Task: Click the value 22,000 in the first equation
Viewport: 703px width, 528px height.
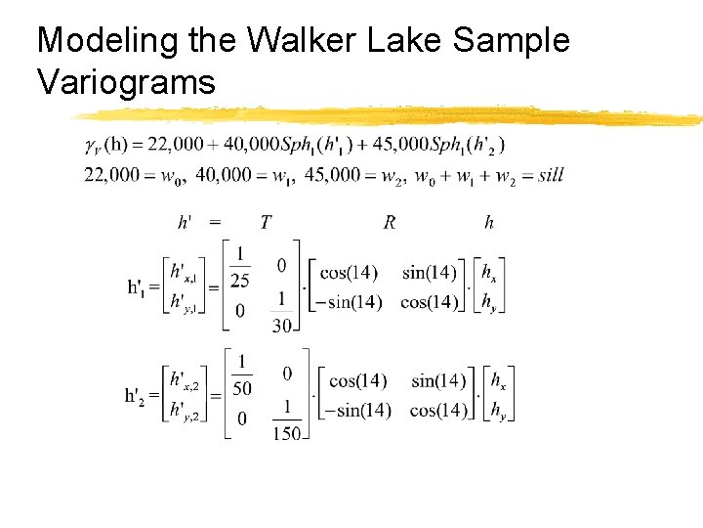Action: (175, 145)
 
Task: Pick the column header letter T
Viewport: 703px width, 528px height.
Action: (266, 223)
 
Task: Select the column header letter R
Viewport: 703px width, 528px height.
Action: (390, 223)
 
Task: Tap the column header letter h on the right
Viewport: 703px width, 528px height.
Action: (489, 223)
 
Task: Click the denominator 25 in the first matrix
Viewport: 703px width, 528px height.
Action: (239, 281)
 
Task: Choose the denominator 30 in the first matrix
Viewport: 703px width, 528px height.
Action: (281, 326)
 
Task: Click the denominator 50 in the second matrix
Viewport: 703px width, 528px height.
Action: (241, 389)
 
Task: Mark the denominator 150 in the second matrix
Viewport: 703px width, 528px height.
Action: (287, 433)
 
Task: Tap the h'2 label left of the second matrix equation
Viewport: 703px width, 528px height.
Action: (141, 397)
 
